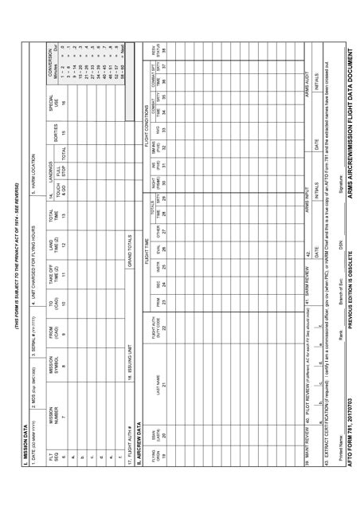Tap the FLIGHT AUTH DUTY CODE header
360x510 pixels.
[157, 322]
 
